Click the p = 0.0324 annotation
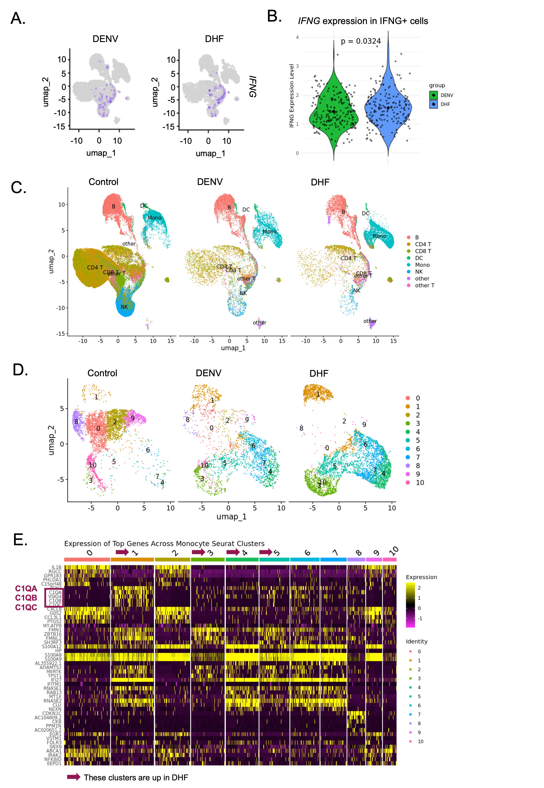tap(361, 41)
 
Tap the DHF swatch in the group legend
tap(433, 104)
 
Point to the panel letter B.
tap(274, 16)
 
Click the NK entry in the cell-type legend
tap(419, 272)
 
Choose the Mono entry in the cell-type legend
tap(422, 265)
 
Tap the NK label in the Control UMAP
tap(124, 307)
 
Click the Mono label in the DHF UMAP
tap(379, 236)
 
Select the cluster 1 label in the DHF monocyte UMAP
tap(318, 394)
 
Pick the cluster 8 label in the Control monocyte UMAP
tap(76, 422)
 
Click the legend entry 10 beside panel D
tap(420, 483)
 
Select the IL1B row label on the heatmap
tap(57, 567)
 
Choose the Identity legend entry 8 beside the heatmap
tap(419, 723)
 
